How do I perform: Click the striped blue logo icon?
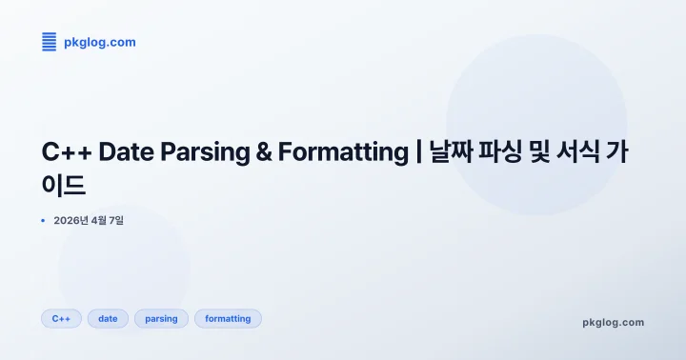(50, 41)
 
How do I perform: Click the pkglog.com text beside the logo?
(99, 42)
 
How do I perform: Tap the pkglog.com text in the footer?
(613, 322)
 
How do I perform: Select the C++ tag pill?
(61, 319)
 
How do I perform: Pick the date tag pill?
(108, 319)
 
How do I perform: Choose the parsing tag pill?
(161, 319)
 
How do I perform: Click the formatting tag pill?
(228, 319)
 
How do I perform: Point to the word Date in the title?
(127, 152)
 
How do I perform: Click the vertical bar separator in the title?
(418, 152)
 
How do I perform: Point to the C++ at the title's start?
(66, 152)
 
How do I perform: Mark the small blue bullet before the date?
(43, 221)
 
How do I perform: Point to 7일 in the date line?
(115, 221)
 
